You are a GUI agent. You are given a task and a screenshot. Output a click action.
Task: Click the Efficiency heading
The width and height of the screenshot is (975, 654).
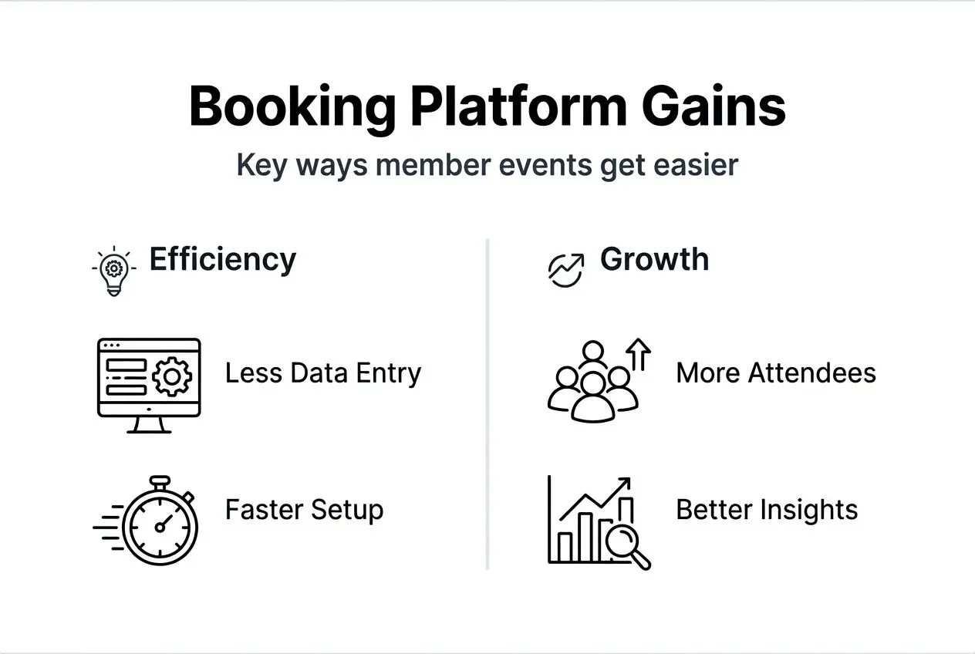(x=222, y=259)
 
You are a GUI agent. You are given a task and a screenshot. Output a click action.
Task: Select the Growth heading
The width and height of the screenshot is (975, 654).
(x=654, y=259)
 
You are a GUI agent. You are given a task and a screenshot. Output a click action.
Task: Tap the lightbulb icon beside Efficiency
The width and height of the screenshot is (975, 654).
(x=113, y=271)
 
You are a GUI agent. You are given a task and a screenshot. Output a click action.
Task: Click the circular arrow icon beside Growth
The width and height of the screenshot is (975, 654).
(x=565, y=269)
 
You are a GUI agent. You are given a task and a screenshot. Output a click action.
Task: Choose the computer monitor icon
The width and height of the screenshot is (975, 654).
(x=149, y=384)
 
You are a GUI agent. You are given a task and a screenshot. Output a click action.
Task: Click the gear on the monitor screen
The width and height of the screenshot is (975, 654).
(x=171, y=377)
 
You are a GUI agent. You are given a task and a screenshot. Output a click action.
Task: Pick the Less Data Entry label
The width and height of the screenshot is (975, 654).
(x=323, y=373)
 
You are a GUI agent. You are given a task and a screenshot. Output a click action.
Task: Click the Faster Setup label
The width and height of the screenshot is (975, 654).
(x=304, y=510)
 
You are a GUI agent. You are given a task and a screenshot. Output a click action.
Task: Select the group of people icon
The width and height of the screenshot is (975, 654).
(x=592, y=383)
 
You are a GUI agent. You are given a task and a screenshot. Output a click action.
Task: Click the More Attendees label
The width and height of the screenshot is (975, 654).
(x=776, y=373)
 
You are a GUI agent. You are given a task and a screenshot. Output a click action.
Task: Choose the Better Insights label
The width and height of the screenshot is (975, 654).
(x=767, y=510)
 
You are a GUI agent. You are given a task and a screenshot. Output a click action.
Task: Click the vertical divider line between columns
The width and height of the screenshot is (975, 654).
(x=487, y=404)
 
